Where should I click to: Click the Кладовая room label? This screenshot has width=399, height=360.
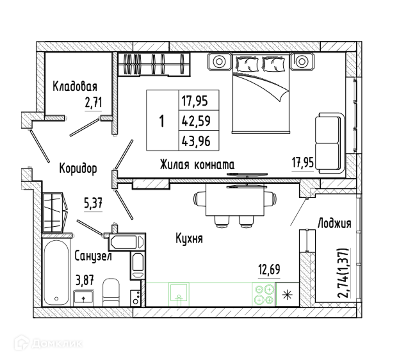click(75, 86)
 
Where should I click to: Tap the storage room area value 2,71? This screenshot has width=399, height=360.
click(94, 102)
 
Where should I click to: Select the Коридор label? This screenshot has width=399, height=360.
click(78, 168)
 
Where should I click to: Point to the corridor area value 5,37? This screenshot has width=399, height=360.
click(93, 203)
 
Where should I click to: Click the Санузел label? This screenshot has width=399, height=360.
click(93, 256)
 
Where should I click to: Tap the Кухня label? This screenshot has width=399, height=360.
click(190, 238)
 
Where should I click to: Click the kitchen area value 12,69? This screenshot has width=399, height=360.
click(269, 270)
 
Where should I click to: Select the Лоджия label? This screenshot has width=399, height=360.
click(334, 224)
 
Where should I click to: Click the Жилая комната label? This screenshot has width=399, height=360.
click(197, 165)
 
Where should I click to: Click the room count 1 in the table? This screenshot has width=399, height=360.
click(162, 120)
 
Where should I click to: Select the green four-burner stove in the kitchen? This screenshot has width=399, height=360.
click(264, 295)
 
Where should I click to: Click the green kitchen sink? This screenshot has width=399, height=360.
click(179, 295)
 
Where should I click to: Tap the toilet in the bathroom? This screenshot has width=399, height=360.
click(111, 292)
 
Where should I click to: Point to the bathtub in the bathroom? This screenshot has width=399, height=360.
click(56, 273)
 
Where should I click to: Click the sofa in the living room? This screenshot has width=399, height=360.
click(330, 143)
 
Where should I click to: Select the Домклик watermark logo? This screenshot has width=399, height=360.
click(48, 343)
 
